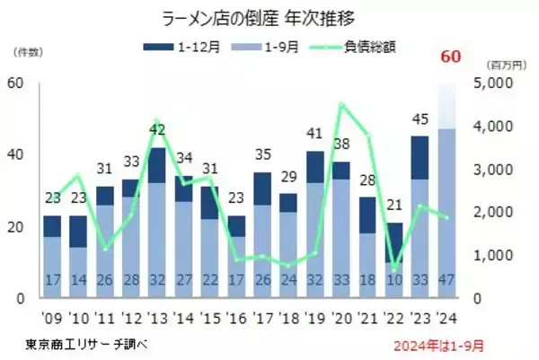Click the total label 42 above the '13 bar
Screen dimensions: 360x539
click(158, 129)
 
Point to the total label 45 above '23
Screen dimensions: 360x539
click(420, 119)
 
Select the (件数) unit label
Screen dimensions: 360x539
click(27, 56)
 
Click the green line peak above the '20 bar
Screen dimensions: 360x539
click(341, 104)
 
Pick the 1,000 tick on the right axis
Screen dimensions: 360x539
click(493, 255)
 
